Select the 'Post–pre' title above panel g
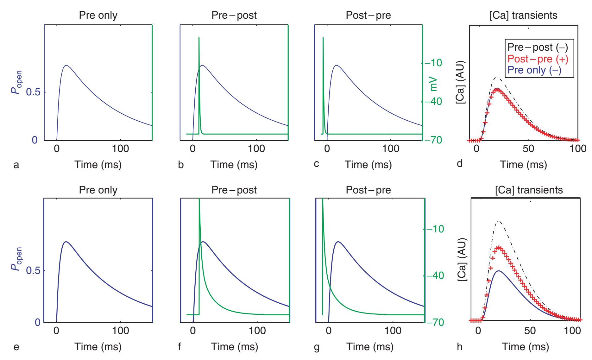click(x=368, y=190)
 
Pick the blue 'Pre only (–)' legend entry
click(x=534, y=70)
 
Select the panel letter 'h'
click(x=460, y=347)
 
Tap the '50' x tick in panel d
click(x=529, y=149)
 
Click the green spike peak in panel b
click(x=199, y=38)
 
